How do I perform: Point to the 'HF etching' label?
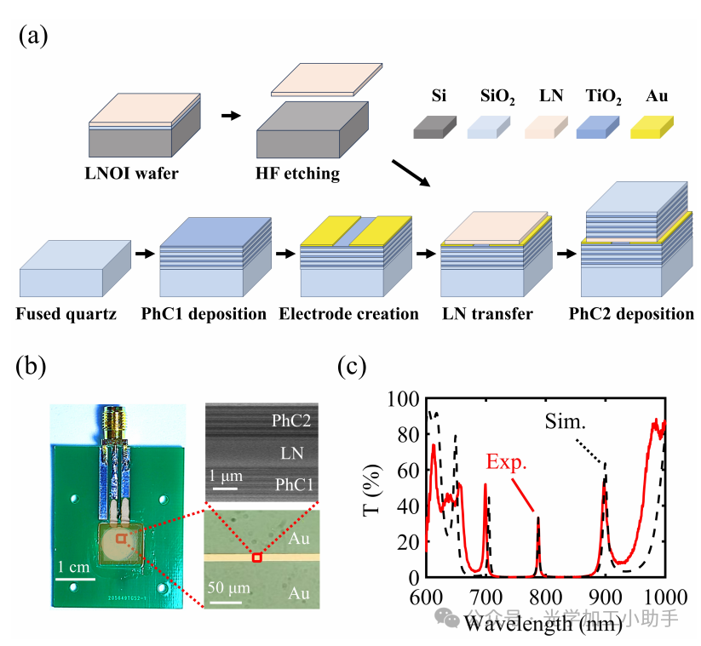[297, 174]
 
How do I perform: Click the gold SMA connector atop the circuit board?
[113, 423]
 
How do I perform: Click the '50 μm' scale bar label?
[227, 588]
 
